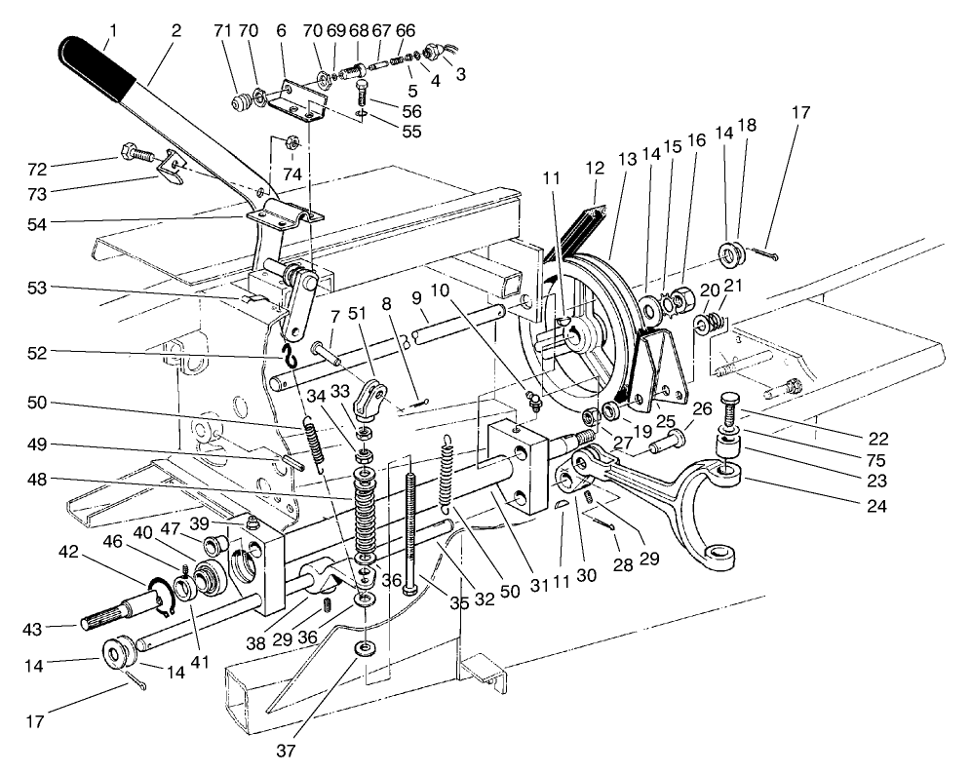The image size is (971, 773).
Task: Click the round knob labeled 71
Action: tap(239, 101)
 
